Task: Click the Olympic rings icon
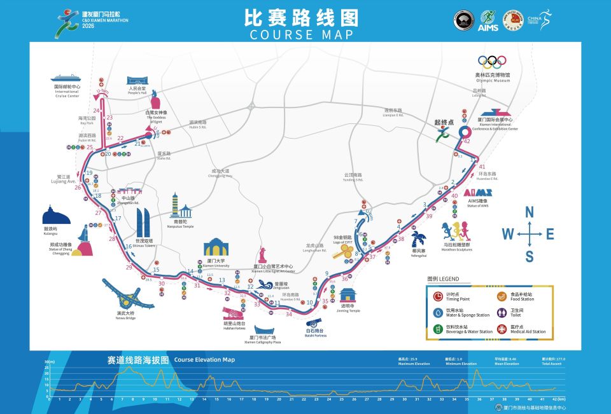(x=492, y=62)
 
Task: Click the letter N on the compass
(x=529, y=212)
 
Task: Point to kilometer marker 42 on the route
(x=467, y=141)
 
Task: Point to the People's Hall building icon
(x=137, y=81)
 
